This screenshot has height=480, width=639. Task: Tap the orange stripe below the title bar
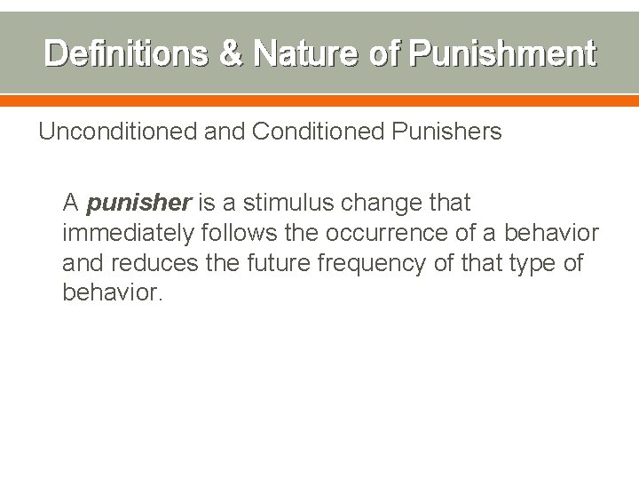click(x=319, y=100)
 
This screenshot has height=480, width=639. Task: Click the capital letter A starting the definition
click(x=71, y=204)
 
